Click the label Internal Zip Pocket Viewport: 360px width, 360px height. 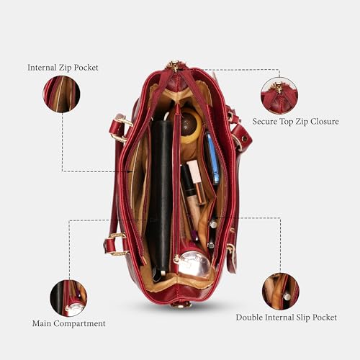coord(63,68)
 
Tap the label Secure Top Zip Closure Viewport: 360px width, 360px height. coord(296,122)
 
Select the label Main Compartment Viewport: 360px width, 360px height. coord(69,323)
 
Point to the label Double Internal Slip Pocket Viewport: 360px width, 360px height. coord(287,318)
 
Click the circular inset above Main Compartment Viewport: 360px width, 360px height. coord(68,298)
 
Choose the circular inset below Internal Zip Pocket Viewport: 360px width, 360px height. coord(61,94)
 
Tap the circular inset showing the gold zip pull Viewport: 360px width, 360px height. coord(279,96)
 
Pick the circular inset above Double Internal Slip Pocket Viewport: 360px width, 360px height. coord(281,291)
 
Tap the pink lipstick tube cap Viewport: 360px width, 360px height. coord(194,171)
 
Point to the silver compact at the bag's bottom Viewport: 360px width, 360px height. coord(194,264)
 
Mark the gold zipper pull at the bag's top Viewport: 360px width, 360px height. coord(174,66)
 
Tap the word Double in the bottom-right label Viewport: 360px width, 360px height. coord(248,318)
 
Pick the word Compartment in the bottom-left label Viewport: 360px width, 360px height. coord(79,324)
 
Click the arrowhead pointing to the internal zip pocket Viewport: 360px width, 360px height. coord(130,171)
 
